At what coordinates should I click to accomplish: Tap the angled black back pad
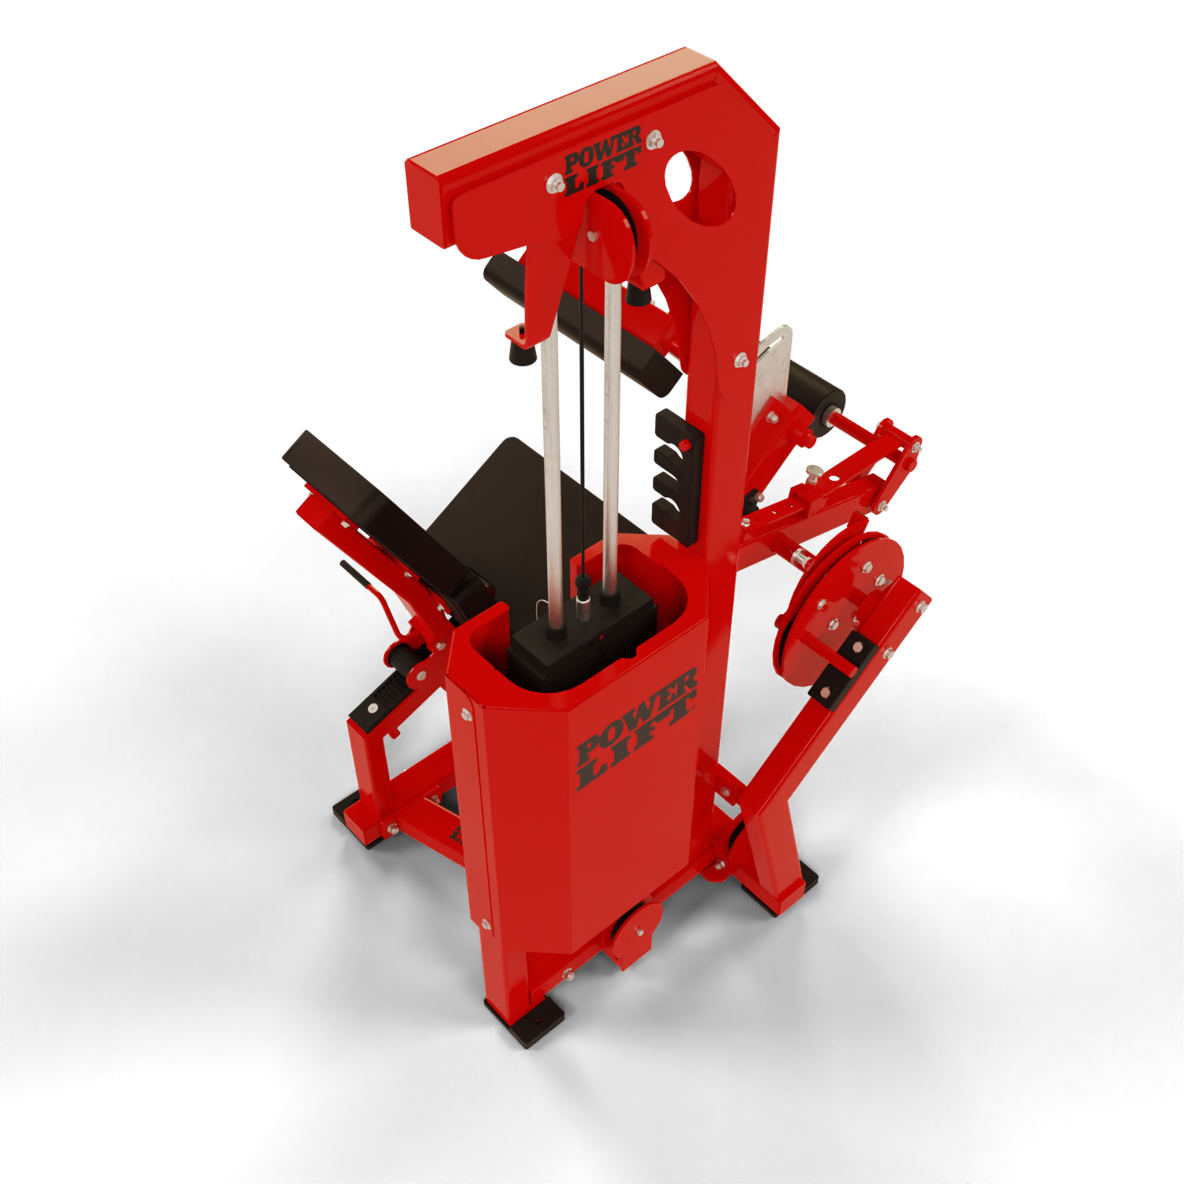pyautogui.click(x=387, y=521)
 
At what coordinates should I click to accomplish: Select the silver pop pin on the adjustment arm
pyautogui.click(x=812, y=475)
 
